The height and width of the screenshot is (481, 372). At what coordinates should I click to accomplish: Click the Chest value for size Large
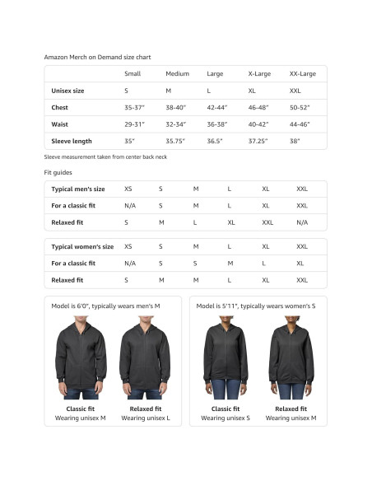tap(217, 108)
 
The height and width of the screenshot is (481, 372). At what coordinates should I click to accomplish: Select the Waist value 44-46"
tap(300, 124)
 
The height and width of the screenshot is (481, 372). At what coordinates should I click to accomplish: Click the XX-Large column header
tap(302, 74)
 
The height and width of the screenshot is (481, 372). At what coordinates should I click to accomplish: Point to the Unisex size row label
tap(67, 91)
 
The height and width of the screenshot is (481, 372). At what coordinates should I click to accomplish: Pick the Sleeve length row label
tap(72, 141)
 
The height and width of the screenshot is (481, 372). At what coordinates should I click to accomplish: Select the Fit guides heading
tap(58, 172)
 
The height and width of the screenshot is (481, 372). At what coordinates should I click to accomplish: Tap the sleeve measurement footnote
tap(105, 156)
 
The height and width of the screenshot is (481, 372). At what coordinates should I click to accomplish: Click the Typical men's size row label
tap(78, 189)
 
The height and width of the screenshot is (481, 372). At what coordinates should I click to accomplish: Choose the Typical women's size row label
tap(82, 246)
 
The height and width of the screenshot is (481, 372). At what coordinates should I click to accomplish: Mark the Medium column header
tap(177, 74)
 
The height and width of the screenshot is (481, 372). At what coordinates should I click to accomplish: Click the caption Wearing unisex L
tap(146, 418)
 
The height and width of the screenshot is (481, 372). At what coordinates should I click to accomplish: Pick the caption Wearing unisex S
tap(226, 418)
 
